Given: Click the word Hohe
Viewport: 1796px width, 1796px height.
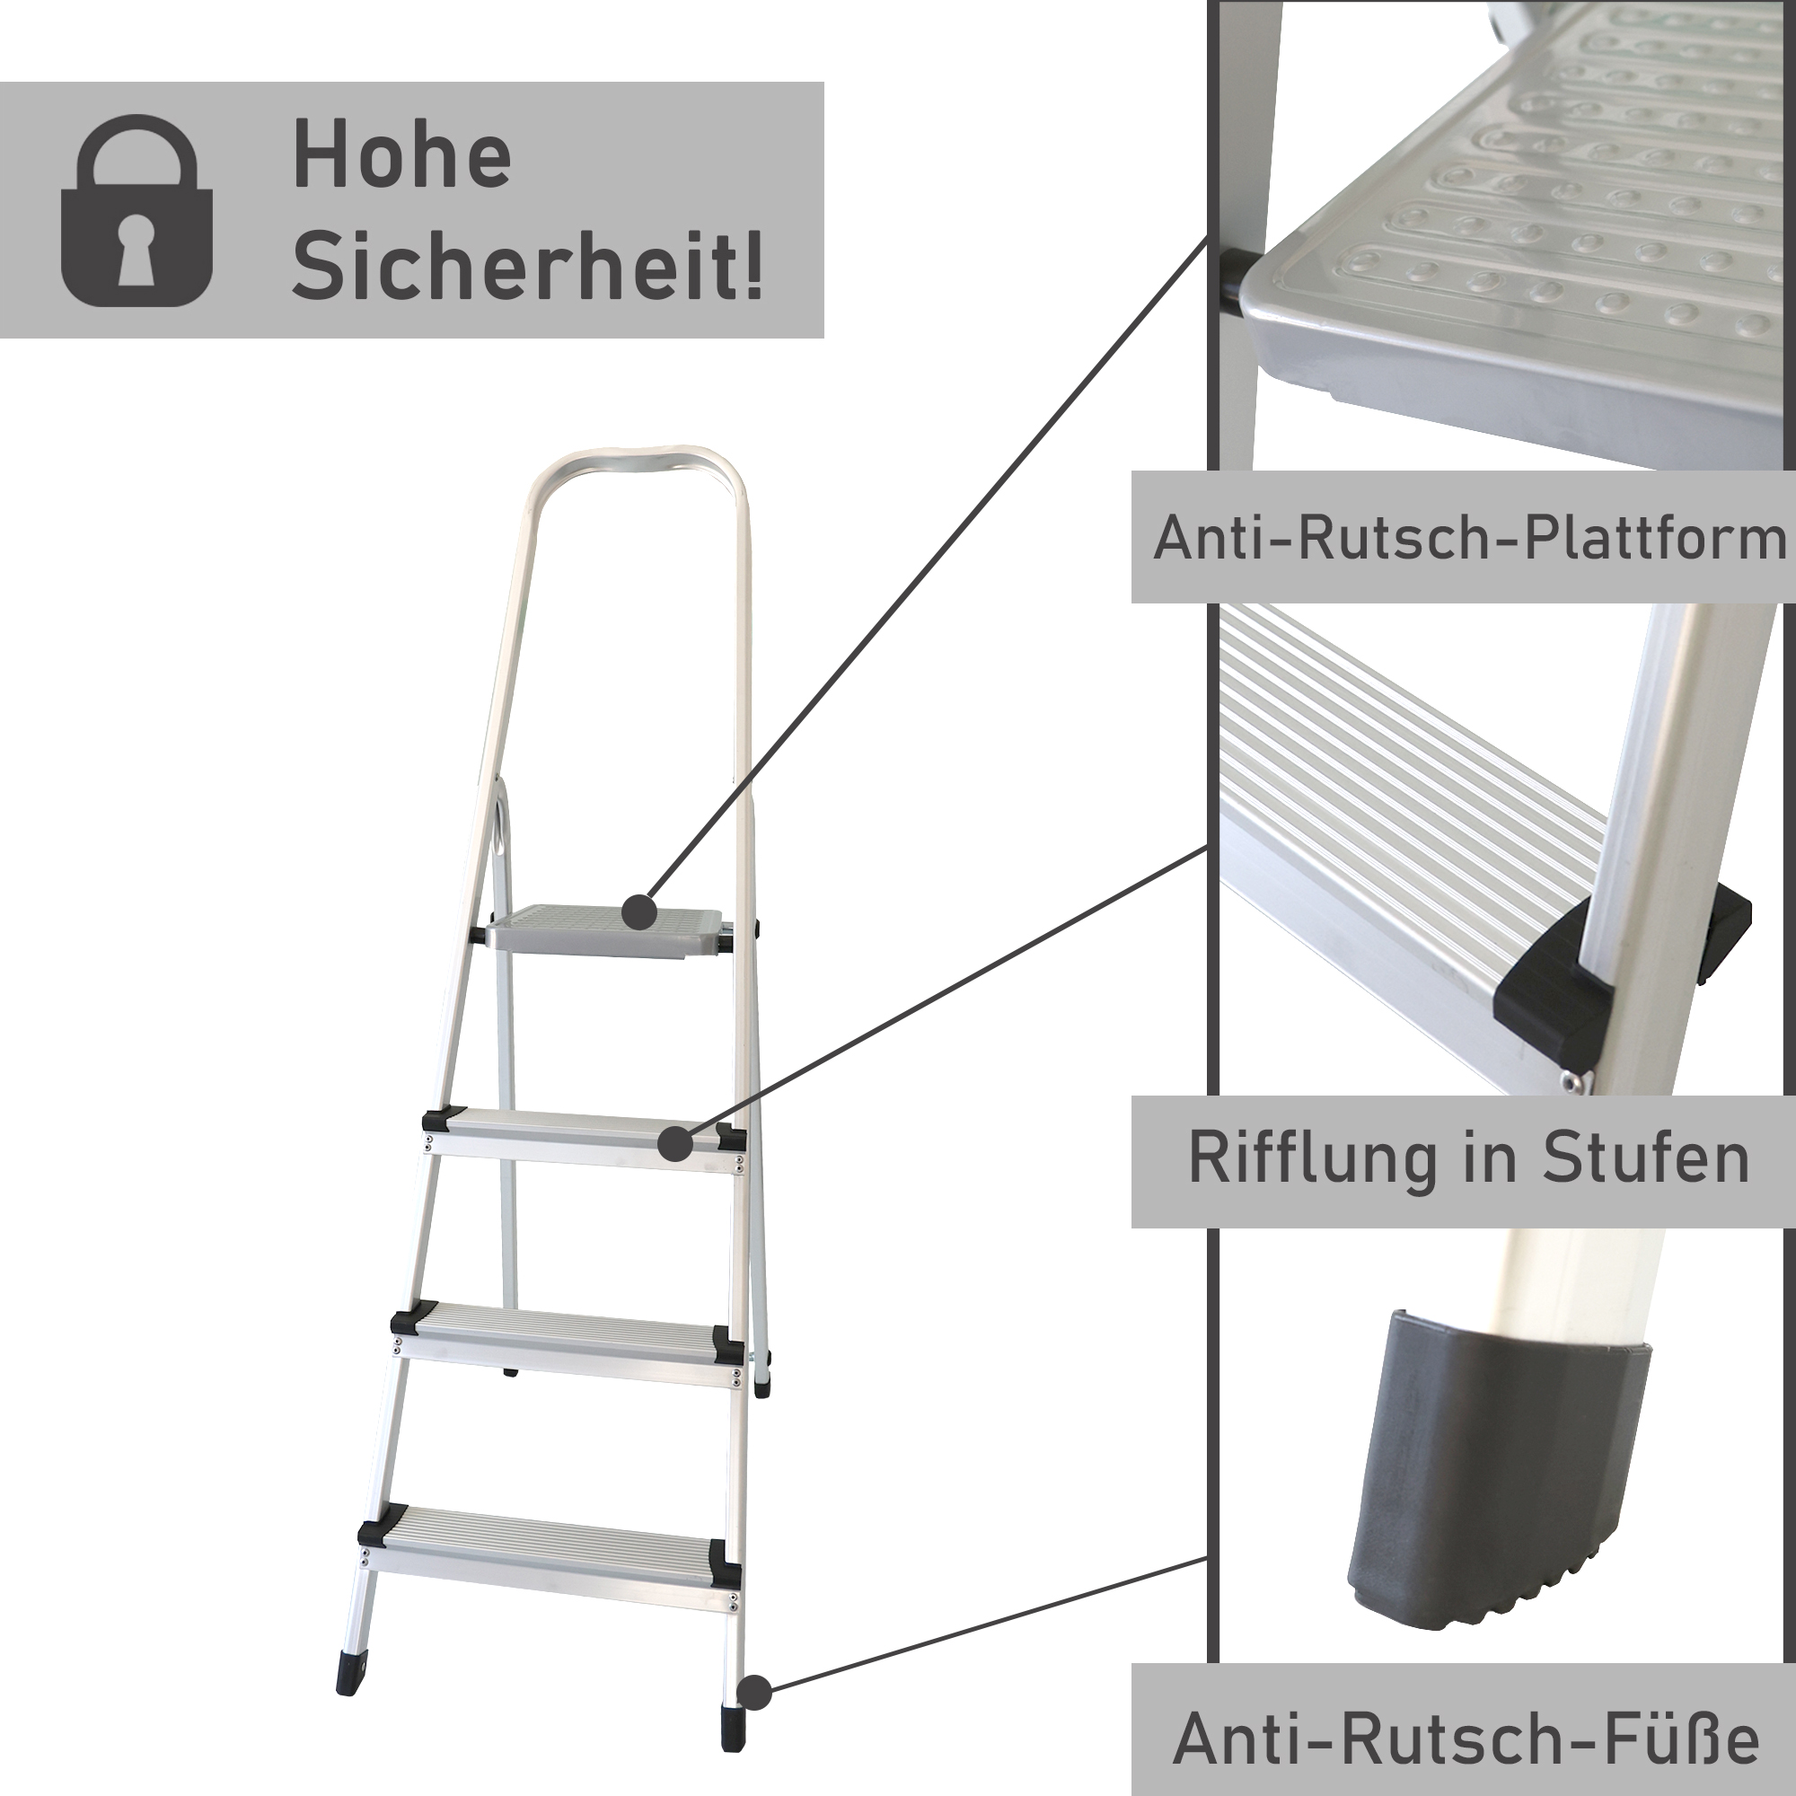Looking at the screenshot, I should (x=401, y=158).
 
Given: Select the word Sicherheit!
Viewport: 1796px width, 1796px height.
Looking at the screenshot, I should (x=527, y=268).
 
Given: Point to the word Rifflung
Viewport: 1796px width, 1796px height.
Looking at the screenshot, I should (x=1310, y=1159).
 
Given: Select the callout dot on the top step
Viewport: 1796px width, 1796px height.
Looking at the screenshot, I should (x=677, y=1144).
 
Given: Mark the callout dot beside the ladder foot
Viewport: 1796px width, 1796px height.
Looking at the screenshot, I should (x=756, y=1693).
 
